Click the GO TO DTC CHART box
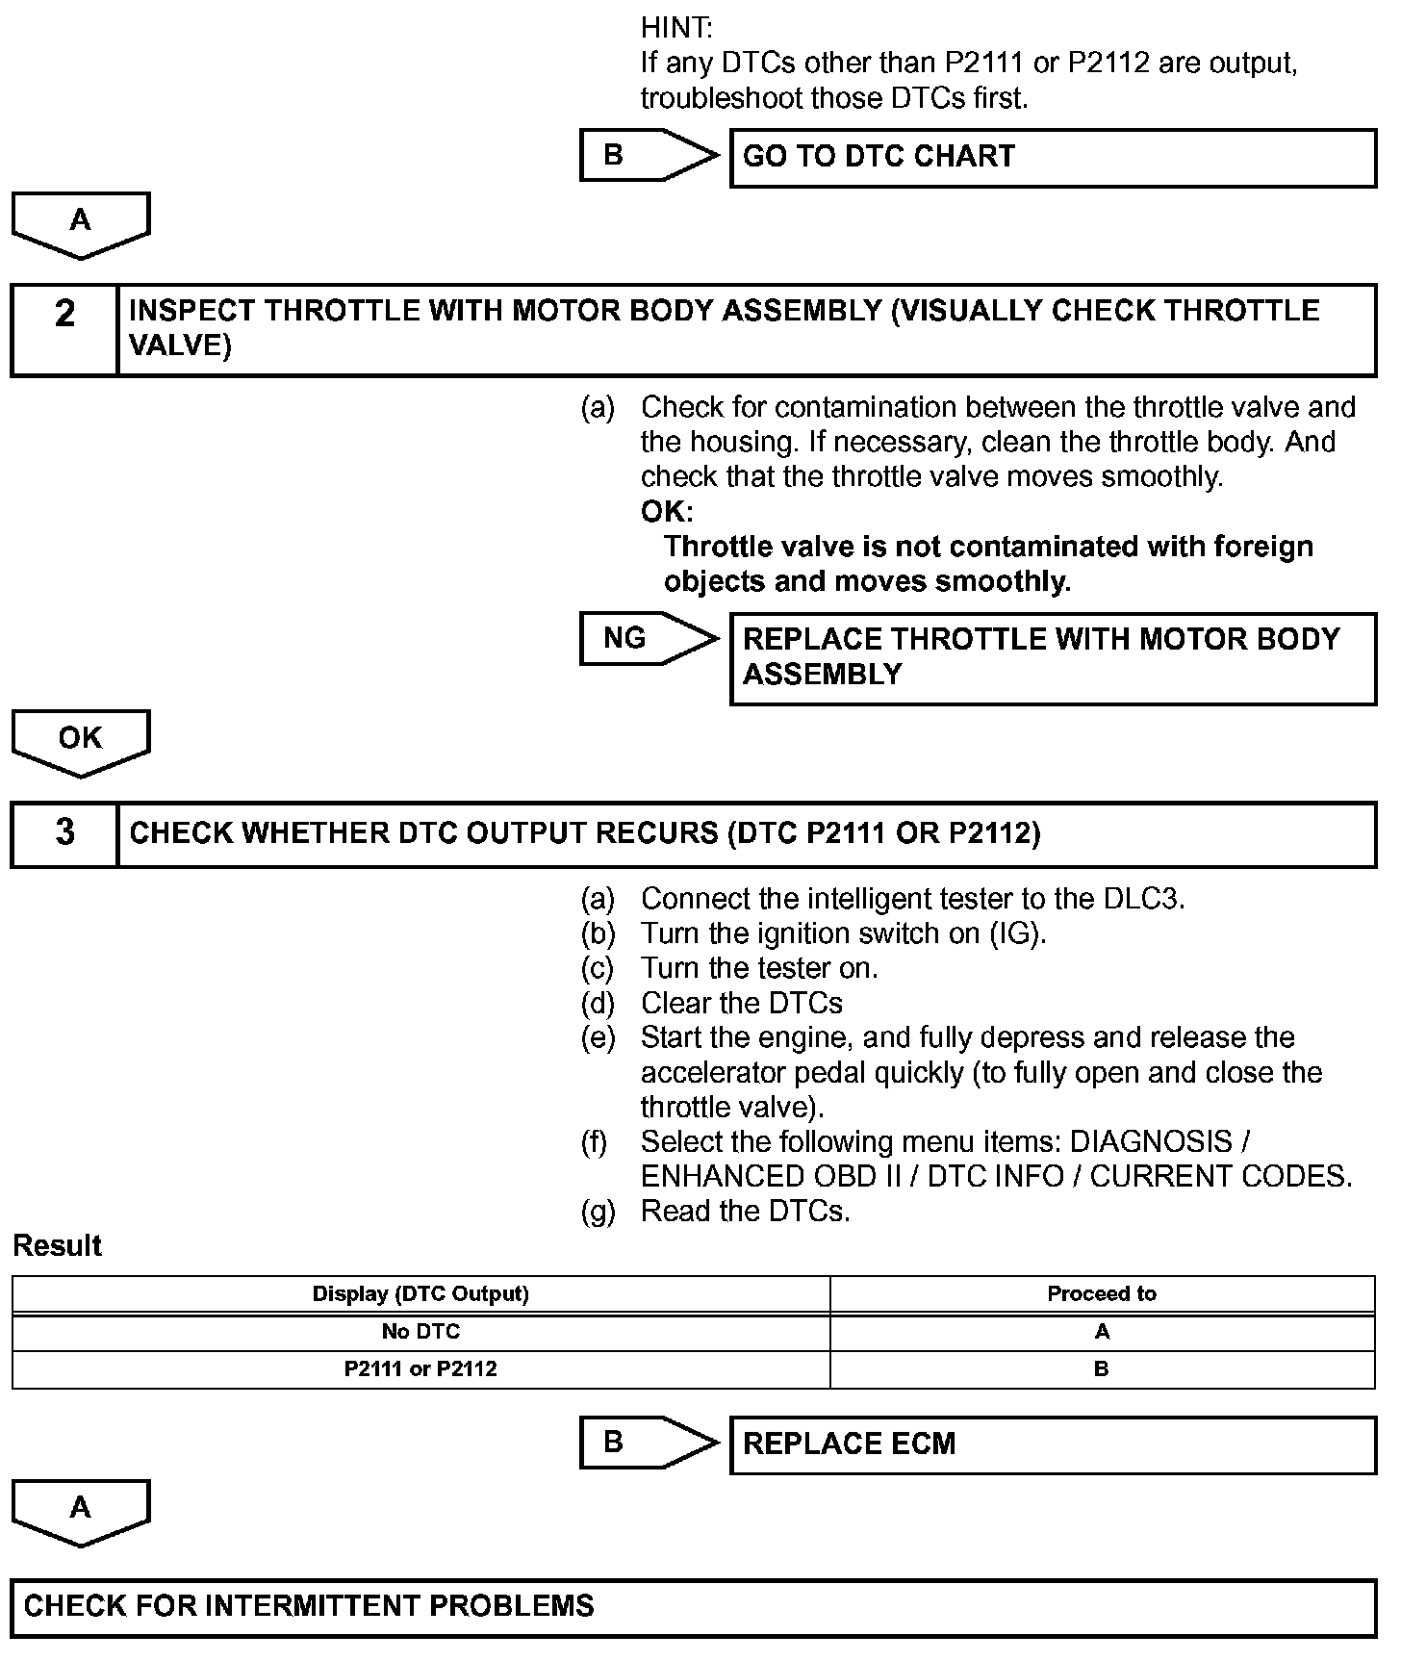pyautogui.click(x=1053, y=158)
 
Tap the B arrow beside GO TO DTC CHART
pyautogui.click(x=648, y=156)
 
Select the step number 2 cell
pyautogui.click(x=64, y=329)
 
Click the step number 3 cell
pyautogui.click(x=64, y=833)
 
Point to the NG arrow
pyautogui.click(x=648, y=639)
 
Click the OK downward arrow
pyautogui.click(x=81, y=742)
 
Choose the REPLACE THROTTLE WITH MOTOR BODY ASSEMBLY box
pyautogui.click(x=1053, y=658)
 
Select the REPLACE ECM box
pyautogui.click(x=1053, y=1444)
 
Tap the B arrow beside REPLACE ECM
pyautogui.click(x=648, y=1443)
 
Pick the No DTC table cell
pyautogui.click(x=420, y=1332)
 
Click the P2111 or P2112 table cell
pyautogui.click(x=420, y=1368)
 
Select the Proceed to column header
pyautogui.click(x=1102, y=1294)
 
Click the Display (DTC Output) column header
pyautogui.click(x=420, y=1294)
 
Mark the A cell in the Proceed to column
pyautogui.click(x=1102, y=1332)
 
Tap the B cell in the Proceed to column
pyautogui.click(x=1102, y=1368)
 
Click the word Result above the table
pyautogui.click(x=57, y=1246)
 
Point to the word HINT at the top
pyautogui.click(x=675, y=29)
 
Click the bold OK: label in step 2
pyautogui.click(x=666, y=512)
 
